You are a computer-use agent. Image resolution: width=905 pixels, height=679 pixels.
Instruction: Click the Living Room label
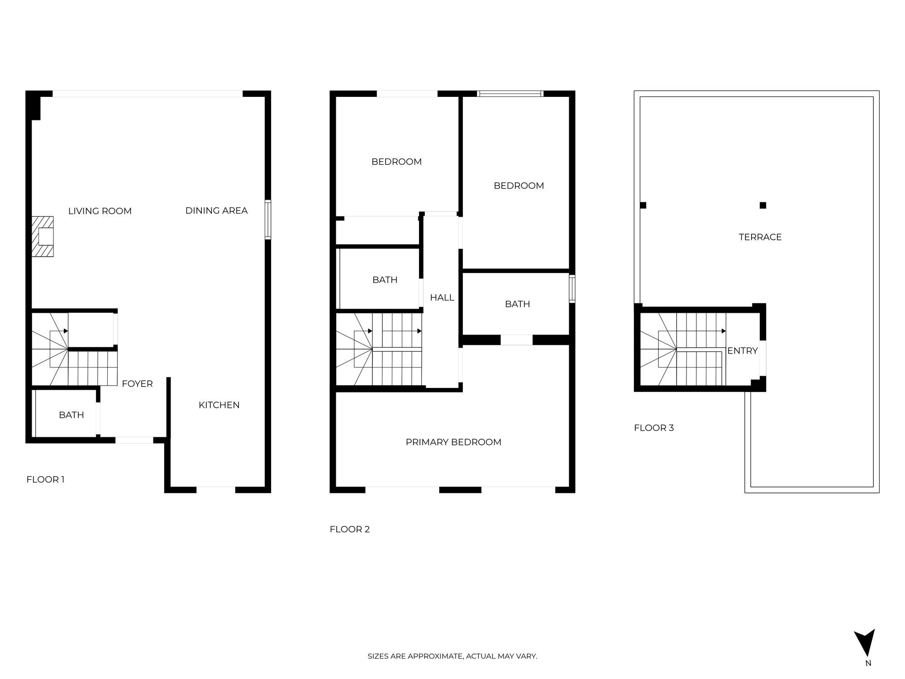click(100, 211)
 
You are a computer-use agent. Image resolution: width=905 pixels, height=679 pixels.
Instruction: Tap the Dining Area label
click(216, 210)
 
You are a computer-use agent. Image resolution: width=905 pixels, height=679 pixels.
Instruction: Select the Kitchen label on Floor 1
click(219, 405)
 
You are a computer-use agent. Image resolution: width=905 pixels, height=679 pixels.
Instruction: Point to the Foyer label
click(137, 384)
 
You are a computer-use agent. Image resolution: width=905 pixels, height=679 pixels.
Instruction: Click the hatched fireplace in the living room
click(43, 236)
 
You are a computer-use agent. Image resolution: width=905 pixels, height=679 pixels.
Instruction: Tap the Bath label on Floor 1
click(71, 415)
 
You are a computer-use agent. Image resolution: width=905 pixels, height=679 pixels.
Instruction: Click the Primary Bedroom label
click(453, 442)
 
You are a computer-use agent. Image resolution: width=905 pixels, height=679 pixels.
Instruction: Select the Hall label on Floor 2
click(442, 297)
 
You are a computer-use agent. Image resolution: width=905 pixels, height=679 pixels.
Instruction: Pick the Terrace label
click(760, 237)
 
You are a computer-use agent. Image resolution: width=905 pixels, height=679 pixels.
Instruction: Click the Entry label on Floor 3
click(743, 351)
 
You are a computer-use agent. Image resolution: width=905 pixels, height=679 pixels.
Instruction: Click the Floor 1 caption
click(46, 479)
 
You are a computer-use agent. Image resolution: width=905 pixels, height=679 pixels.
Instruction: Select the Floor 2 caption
click(350, 529)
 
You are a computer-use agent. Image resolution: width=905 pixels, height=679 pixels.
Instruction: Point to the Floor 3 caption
click(654, 428)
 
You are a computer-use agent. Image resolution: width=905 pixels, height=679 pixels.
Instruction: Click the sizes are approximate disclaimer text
click(452, 656)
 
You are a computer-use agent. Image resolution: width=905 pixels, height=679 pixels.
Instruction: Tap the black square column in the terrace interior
click(763, 205)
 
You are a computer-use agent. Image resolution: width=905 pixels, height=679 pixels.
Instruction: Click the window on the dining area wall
click(268, 220)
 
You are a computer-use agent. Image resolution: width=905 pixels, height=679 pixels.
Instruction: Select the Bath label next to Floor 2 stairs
click(385, 280)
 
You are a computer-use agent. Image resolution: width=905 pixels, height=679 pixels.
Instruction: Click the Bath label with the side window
click(518, 304)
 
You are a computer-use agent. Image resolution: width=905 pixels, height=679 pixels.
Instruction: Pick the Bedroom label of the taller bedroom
click(519, 186)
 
